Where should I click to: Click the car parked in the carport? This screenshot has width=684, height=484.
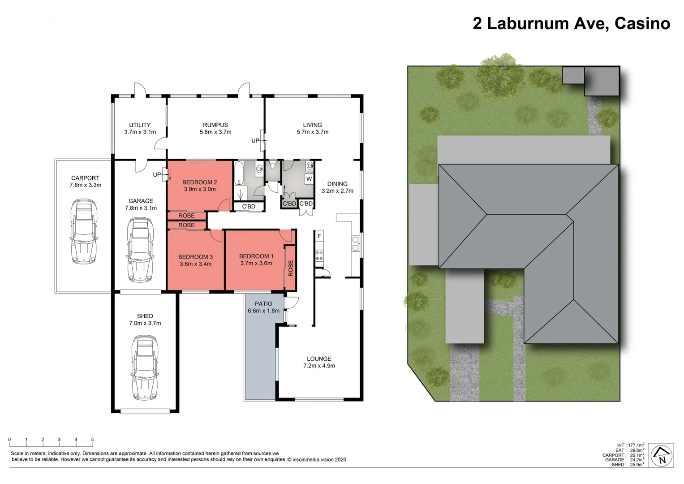click(84, 232)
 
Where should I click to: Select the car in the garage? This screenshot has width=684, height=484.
click(141, 250)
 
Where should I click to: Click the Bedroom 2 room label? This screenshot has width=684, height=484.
click(199, 182)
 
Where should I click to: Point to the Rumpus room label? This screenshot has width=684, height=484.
click(215, 125)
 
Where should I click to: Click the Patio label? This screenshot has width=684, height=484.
click(263, 304)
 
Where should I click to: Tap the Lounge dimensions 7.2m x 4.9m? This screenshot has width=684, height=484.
click(319, 366)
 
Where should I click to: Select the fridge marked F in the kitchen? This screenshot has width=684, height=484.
click(319, 236)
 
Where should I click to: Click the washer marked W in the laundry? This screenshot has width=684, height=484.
click(309, 179)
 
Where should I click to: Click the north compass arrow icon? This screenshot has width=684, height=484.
click(662, 456)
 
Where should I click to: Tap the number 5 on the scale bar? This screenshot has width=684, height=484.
click(92, 440)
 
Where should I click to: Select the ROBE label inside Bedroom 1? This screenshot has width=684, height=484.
click(290, 268)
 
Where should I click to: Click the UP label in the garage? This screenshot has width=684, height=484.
click(157, 175)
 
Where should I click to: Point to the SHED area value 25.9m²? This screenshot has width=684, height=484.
click(637, 465)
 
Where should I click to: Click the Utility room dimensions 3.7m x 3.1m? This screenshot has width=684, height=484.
click(140, 132)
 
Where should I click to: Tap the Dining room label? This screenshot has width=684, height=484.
click(337, 184)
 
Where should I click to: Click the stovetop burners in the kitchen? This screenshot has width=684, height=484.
click(319, 255)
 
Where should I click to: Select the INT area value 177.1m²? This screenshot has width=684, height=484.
click(636, 445)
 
